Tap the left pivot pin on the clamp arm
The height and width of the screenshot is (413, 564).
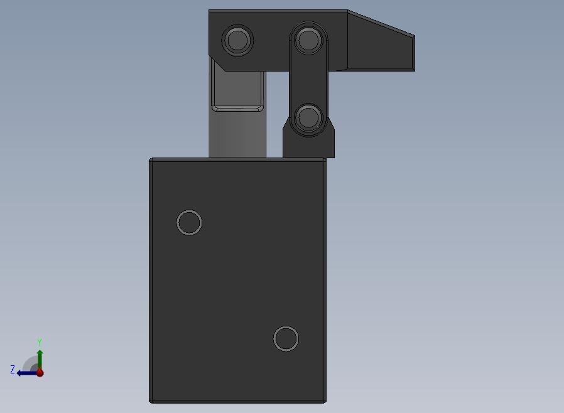(237, 40)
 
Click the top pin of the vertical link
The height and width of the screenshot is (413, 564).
(308, 40)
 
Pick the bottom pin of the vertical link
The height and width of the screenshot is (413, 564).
(308, 117)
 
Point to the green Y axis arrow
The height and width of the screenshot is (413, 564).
(40, 360)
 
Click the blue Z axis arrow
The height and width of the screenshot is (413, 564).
(27, 373)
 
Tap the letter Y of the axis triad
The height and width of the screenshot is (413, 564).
(40, 342)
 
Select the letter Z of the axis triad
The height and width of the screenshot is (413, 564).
(13, 369)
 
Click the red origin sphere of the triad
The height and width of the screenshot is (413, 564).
(40, 373)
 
